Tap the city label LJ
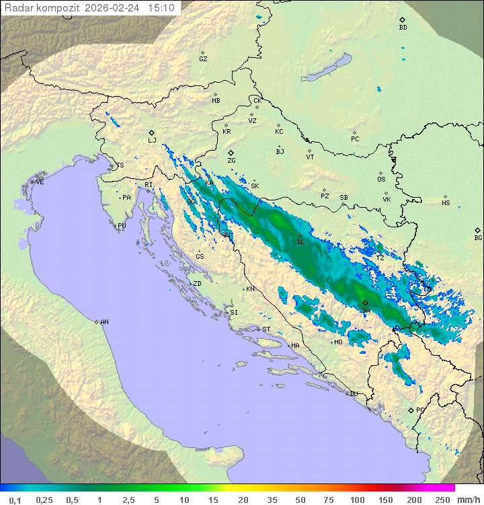(x=152, y=140)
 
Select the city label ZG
(x=231, y=161)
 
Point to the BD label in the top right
(x=403, y=28)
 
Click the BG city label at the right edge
(x=478, y=237)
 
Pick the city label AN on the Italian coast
(x=104, y=322)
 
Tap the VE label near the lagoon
(x=40, y=182)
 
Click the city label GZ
(x=203, y=59)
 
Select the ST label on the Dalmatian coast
(x=266, y=329)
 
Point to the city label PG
(x=420, y=410)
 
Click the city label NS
(x=446, y=202)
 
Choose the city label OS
(x=381, y=179)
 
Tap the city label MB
(x=216, y=101)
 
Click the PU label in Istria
(x=122, y=226)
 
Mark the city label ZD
(x=197, y=284)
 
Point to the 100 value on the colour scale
(x=356, y=500)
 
